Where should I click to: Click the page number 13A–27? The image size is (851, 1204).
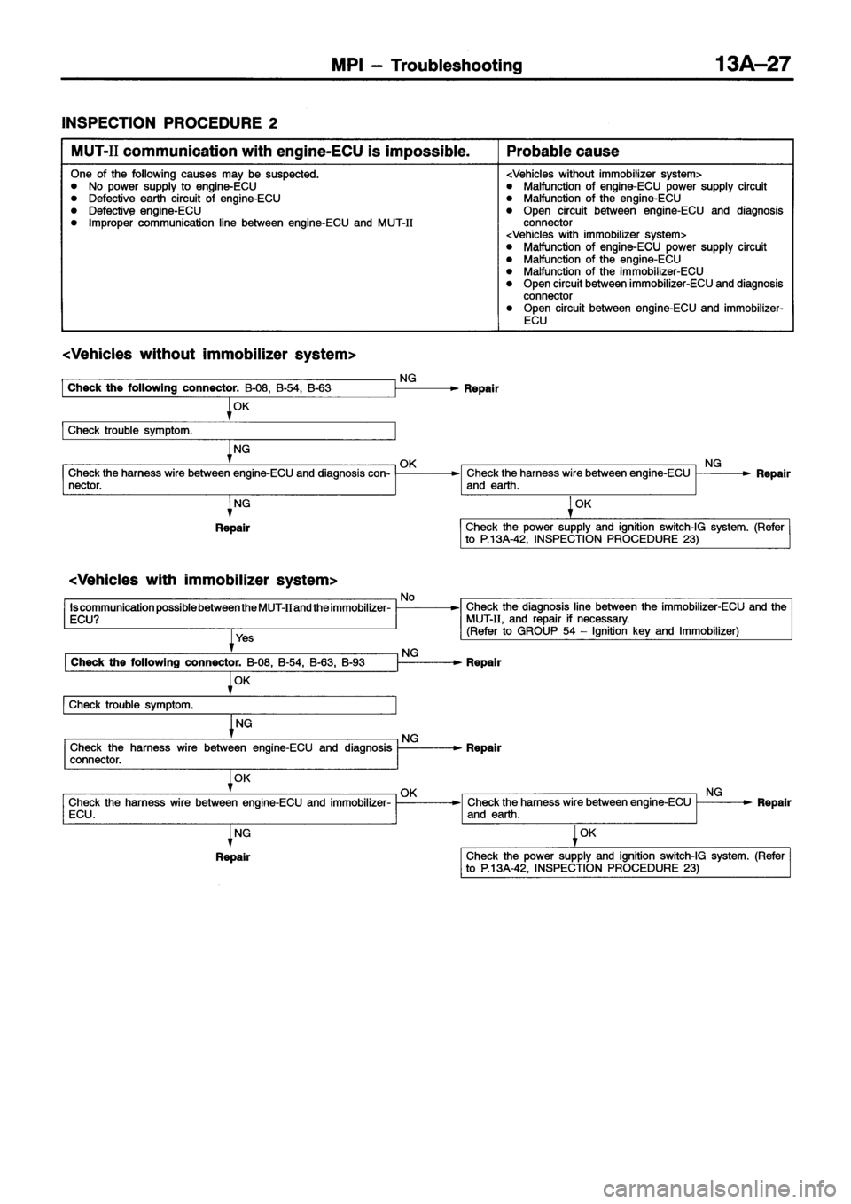pyautogui.click(x=750, y=65)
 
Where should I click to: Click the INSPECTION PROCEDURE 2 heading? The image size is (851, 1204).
pyautogui.click(x=154, y=121)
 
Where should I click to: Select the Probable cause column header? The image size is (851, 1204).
pyautogui.click(x=563, y=152)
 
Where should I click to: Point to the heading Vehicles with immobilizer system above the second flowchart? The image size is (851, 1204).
pyautogui.click(x=204, y=580)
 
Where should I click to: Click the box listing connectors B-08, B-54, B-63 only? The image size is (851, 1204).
pyautogui.click(x=229, y=388)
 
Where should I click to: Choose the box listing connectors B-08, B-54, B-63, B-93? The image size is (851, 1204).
pyautogui.click(x=229, y=662)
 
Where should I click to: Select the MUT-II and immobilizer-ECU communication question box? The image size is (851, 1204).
pyautogui.click(x=229, y=613)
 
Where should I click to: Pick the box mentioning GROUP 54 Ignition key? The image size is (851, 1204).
pyautogui.click(x=625, y=619)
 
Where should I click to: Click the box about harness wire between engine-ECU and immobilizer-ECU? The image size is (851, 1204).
pyautogui.click(x=229, y=808)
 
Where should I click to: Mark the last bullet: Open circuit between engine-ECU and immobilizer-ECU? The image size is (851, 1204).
pyautogui.click(x=652, y=314)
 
